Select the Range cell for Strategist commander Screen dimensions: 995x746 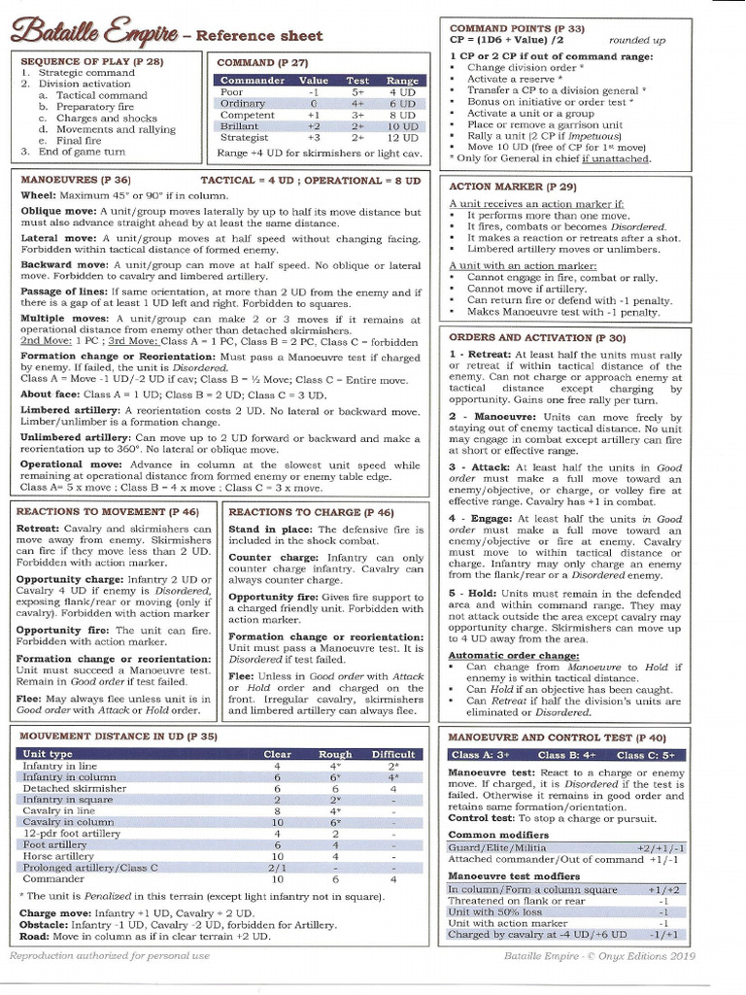401,138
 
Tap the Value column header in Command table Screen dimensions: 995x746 313,80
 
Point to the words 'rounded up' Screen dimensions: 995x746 636,41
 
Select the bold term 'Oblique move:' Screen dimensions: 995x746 57,212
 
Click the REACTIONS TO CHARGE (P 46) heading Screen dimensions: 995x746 311,511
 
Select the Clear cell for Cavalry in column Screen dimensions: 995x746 277,822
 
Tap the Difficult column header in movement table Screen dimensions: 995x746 392,753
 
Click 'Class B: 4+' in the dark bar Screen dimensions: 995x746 567,754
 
